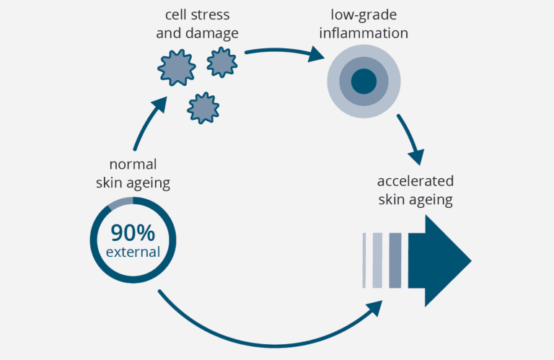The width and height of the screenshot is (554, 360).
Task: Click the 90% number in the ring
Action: click(133, 233)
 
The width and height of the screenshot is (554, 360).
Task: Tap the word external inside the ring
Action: click(133, 252)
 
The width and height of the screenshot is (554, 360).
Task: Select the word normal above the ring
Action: click(133, 164)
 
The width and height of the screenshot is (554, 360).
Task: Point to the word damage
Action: click(212, 33)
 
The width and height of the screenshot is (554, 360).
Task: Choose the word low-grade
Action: click(364, 15)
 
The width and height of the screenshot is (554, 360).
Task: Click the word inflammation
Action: click(364, 33)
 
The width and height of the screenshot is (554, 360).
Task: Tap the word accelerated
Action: click(415, 181)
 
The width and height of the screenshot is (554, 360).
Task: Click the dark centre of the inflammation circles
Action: click(364, 82)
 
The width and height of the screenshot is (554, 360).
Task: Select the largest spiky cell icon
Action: click(177, 68)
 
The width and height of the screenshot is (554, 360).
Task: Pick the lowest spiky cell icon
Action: click(203, 107)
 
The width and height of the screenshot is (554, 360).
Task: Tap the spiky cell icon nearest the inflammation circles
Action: click(222, 62)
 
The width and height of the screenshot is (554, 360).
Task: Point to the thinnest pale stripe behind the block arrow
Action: click(364, 260)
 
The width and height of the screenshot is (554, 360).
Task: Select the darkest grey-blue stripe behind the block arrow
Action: click(395, 260)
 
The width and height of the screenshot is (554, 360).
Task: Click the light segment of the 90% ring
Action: click(120, 203)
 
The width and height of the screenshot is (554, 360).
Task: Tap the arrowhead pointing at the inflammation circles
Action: click(315, 54)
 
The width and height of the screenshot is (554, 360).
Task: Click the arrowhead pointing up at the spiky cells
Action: click(160, 105)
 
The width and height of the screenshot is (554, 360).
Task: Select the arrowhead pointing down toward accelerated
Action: click(416, 157)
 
